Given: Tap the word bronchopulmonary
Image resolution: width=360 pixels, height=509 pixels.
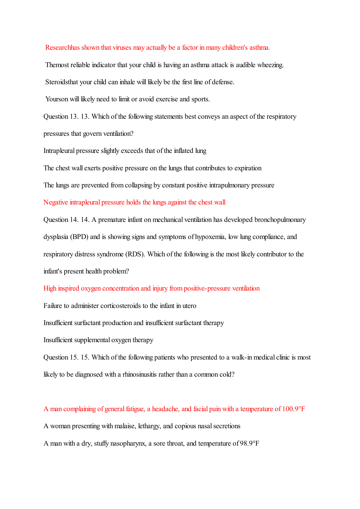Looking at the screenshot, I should click(280, 220).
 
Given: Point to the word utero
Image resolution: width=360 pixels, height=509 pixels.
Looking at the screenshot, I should click(189, 306).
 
